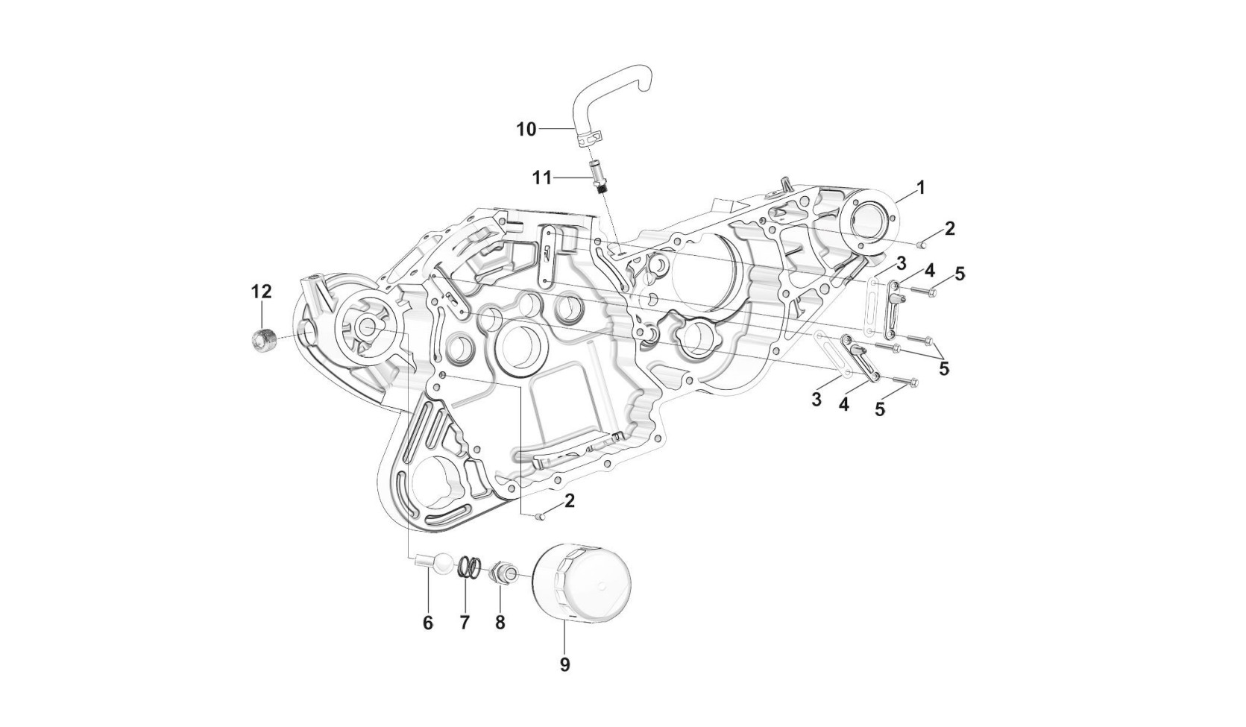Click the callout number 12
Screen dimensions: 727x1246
point(261,292)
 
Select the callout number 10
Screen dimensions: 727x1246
point(526,130)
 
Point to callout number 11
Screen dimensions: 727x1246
point(541,178)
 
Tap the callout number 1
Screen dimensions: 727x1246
point(921,188)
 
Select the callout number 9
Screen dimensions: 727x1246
point(564,664)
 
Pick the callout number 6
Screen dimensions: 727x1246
point(428,623)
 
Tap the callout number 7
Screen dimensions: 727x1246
point(465,623)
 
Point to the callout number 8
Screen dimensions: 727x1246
point(500,623)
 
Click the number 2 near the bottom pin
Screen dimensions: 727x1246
point(570,501)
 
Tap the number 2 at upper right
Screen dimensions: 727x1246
point(949,229)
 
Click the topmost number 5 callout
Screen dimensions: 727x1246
point(960,274)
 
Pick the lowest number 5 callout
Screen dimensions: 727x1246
point(880,409)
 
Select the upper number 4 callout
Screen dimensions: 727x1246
point(929,270)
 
